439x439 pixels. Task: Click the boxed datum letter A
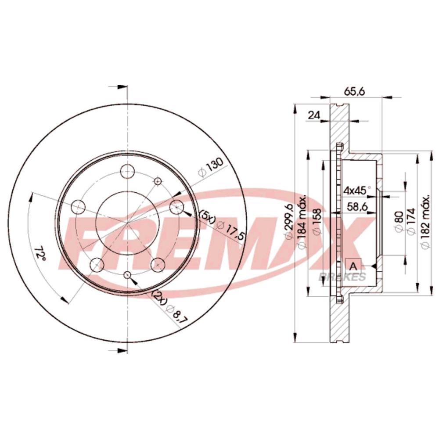(353, 265)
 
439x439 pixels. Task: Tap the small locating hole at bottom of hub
(128, 275)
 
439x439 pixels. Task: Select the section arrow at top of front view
(118, 86)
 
